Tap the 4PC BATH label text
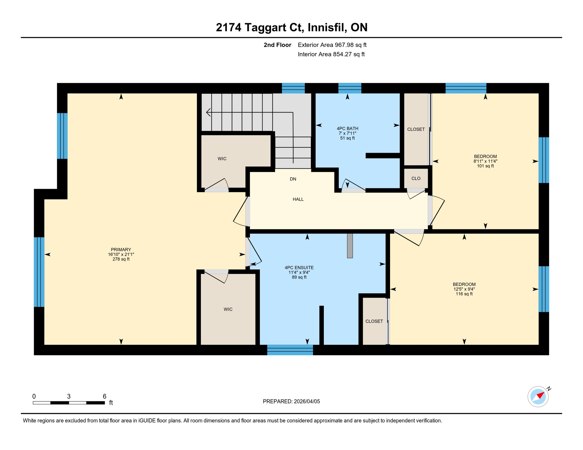(x=347, y=129)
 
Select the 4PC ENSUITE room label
(x=299, y=268)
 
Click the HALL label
(x=298, y=200)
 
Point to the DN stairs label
(x=293, y=179)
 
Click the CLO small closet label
(x=416, y=178)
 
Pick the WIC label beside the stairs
(x=222, y=159)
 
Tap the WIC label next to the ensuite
(x=228, y=309)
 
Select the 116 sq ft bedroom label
(x=464, y=289)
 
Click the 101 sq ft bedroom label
(x=485, y=161)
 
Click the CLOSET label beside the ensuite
(x=374, y=321)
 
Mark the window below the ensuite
(x=290, y=350)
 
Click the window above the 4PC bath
(x=350, y=88)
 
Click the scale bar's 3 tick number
(x=69, y=396)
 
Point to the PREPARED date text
(x=291, y=402)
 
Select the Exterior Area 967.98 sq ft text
(x=332, y=45)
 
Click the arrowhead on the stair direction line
(x=208, y=112)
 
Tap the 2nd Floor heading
(x=277, y=45)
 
